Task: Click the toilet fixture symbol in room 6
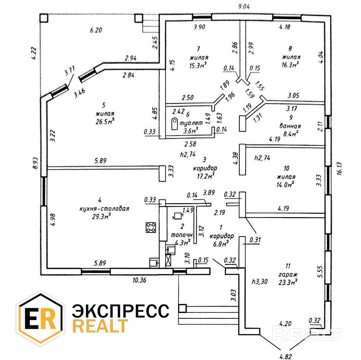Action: [x=174, y=124]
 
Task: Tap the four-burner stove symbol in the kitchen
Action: [x=150, y=227]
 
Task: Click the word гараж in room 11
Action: [x=288, y=275]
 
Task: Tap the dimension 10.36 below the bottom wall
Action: [x=140, y=280]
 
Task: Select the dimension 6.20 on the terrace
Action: [x=96, y=30]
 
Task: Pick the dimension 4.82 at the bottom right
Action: [x=285, y=356]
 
